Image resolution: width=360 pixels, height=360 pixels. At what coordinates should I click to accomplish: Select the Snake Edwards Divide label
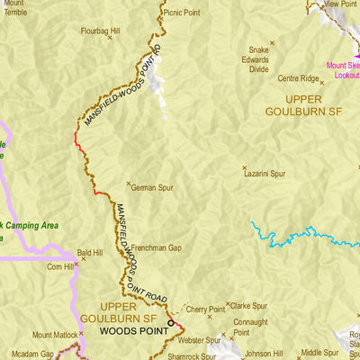[x=258, y=58]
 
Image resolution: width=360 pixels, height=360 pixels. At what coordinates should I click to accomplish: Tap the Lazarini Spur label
[x=265, y=170]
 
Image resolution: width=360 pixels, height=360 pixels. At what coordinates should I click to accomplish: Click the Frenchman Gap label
[x=157, y=247]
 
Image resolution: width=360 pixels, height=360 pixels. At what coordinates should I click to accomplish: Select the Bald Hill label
[x=91, y=254]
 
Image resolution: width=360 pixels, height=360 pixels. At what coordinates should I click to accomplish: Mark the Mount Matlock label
[x=56, y=334]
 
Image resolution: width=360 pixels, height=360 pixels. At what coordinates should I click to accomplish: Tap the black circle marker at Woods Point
[x=171, y=322]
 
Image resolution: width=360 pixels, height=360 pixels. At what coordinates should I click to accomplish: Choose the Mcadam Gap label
[x=32, y=354]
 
